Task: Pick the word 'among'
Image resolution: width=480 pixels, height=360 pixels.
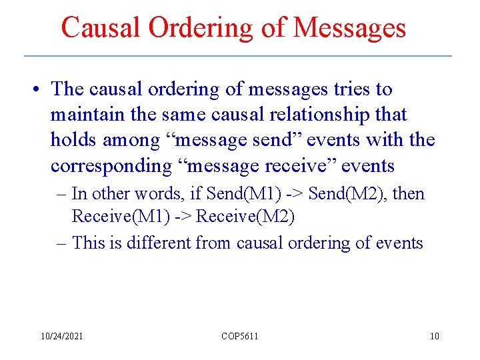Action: click(136, 141)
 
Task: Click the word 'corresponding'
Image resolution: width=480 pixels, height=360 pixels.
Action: click(111, 165)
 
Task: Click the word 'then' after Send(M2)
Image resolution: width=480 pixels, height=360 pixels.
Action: click(409, 194)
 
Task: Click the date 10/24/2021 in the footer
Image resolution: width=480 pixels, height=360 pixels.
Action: click(62, 336)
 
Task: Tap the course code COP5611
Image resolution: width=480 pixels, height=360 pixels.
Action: click(240, 336)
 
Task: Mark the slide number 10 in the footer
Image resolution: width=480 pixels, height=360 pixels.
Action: click(435, 336)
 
